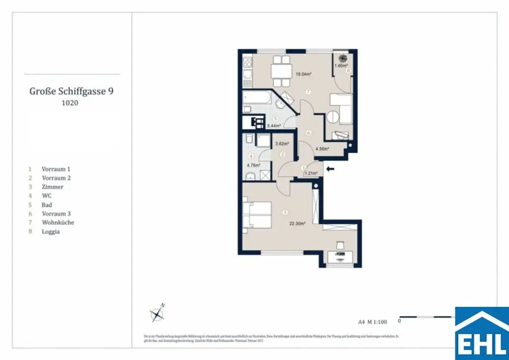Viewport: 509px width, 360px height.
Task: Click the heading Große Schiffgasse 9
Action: [x=74, y=91]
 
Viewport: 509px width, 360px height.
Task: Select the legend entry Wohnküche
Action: [x=58, y=223]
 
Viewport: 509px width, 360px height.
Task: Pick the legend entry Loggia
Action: [x=51, y=232]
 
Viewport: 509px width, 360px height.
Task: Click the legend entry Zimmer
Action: [x=53, y=187]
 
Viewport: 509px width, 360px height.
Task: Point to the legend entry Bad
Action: [x=47, y=205]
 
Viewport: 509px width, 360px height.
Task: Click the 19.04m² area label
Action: [x=303, y=75]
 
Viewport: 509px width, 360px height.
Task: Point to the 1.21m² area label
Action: [x=311, y=174]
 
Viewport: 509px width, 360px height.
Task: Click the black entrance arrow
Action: [x=330, y=169]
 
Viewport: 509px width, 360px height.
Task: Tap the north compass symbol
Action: [x=158, y=313]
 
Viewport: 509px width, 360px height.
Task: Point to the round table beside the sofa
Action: [x=332, y=118]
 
